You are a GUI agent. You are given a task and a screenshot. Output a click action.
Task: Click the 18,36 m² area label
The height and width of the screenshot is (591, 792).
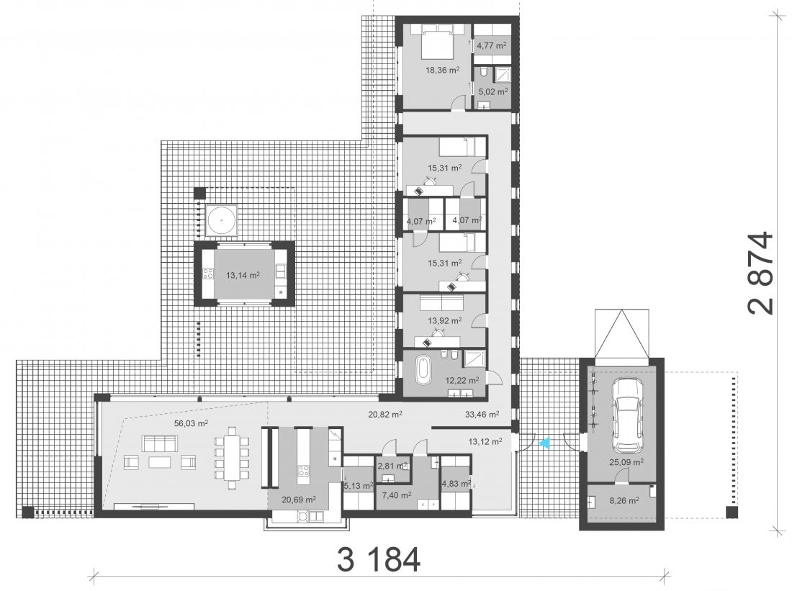pos(442,71)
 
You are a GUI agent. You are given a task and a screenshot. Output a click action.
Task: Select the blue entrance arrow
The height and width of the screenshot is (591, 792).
pos(544,443)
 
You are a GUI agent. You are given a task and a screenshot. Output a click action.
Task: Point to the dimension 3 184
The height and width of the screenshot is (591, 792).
pos(378,559)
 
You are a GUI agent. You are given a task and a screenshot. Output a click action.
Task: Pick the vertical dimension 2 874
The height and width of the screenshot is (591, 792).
pos(762,273)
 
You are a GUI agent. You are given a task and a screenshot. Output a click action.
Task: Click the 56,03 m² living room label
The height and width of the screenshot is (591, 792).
pos(191,423)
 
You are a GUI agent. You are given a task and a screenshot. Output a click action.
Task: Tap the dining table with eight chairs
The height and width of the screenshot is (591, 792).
pos(232,458)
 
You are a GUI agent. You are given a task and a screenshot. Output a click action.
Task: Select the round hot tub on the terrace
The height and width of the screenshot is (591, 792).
pos(222,220)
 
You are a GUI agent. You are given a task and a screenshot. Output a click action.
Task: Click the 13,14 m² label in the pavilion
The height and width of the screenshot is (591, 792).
pos(243,275)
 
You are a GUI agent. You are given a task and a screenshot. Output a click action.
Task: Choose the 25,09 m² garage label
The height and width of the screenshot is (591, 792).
pos(625,461)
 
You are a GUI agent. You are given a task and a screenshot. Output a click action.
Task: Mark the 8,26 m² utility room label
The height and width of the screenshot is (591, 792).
pos(624,500)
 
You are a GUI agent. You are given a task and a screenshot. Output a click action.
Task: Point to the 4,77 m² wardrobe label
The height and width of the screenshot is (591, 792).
pos(492,45)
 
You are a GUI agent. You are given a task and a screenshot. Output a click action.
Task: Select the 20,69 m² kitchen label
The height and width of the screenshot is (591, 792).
pos(299,500)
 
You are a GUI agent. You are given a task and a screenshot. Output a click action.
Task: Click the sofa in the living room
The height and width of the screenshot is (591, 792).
pos(160,443)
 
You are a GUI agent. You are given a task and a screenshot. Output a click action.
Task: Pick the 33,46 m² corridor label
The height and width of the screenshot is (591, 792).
pos(482,414)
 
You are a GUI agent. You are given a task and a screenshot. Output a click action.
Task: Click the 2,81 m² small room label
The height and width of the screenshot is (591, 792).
pos(392,466)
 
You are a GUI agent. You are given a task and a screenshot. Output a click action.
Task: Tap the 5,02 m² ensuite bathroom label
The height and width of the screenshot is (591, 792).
pos(492,92)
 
